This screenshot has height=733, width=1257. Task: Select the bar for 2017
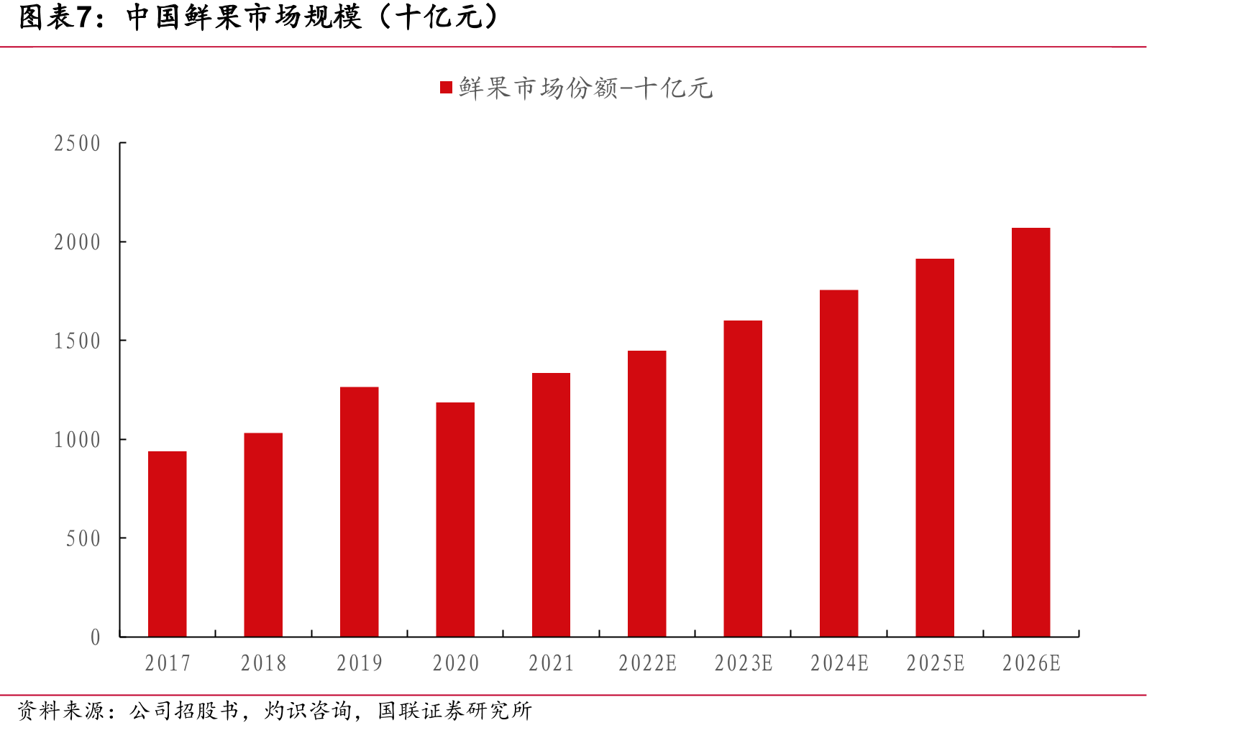(167, 544)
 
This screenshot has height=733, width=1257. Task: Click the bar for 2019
(359, 512)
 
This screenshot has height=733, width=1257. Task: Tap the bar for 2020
(455, 520)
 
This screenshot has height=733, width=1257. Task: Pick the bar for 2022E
(646, 494)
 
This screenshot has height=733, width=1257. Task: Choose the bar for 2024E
(838, 464)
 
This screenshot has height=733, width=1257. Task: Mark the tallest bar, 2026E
(1030, 432)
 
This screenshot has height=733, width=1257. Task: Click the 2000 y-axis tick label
(78, 242)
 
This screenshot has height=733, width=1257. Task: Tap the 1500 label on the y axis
(78, 341)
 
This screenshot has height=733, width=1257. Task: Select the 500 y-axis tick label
(83, 538)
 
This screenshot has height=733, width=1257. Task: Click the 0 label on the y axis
(96, 637)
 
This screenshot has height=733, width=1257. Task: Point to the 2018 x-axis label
(263, 663)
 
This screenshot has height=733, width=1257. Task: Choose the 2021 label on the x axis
(551, 663)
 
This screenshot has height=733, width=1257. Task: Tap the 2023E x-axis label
(743, 663)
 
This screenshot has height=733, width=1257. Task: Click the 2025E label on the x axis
(935, 663)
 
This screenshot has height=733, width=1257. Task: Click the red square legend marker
(446, 88)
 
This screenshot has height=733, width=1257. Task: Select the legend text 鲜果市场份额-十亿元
(585, 88)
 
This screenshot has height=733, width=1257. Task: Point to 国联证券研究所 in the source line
(454, 711)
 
